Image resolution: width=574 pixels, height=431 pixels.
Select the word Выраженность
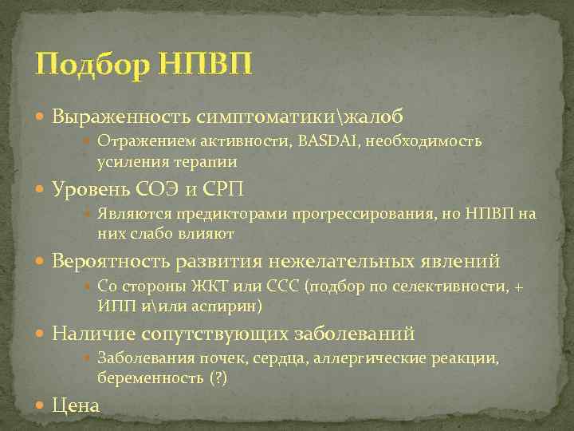click(119, 117)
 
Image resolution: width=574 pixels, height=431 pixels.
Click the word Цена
click(76, 406)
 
